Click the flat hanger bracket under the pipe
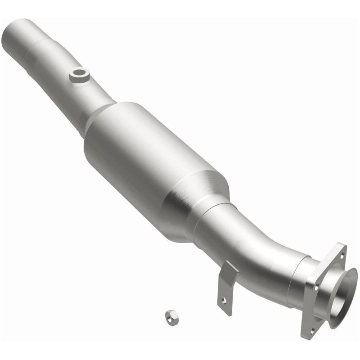228,288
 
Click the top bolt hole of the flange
342,255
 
